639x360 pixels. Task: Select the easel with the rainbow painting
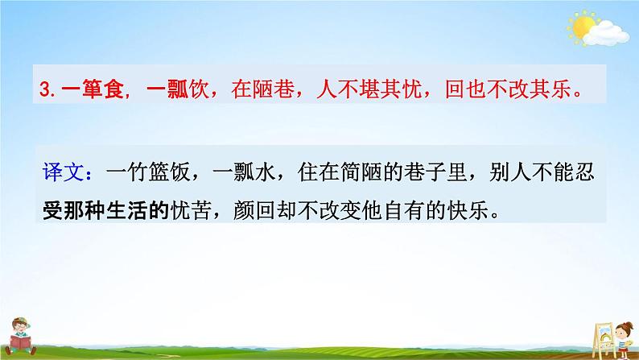tap(585, 326)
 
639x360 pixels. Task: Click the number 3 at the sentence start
tap(45, 91)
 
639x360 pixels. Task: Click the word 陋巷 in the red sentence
tap(261, 90)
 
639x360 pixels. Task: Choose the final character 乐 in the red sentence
tap(568, 90)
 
